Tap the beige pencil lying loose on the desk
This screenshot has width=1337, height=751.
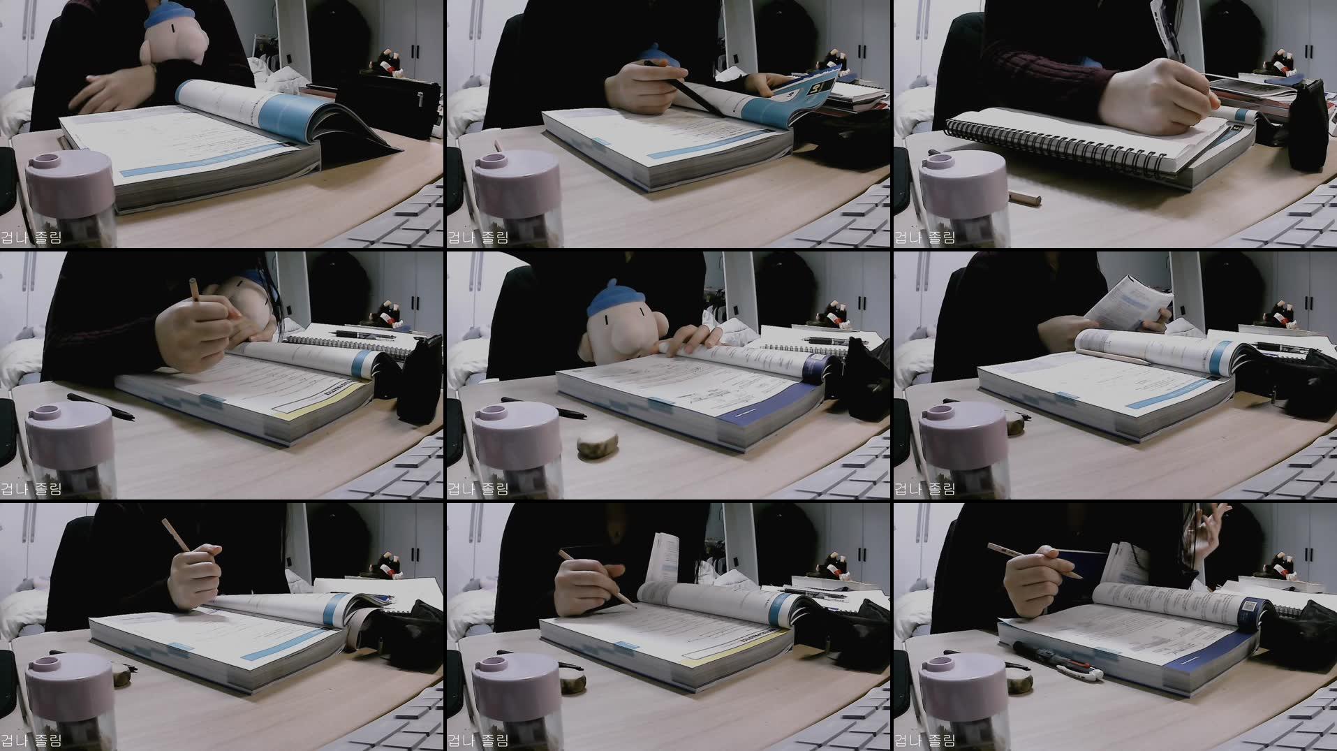click(x=1024, y=198)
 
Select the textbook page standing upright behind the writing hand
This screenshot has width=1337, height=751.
click(x=667, y=559)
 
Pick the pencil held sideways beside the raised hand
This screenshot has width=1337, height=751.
click(x=1033, y=559)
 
